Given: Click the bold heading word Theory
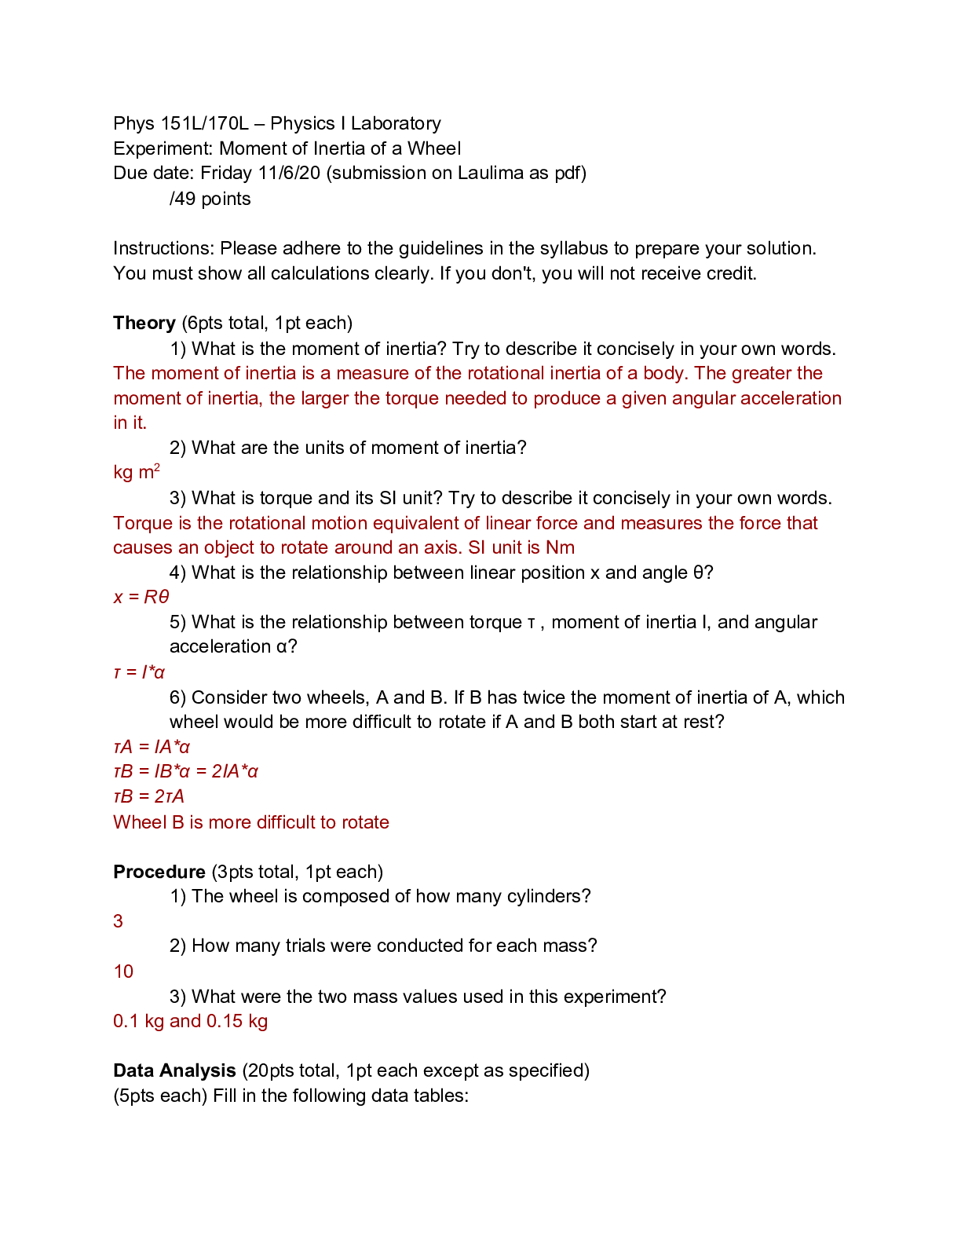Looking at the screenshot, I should (x=144, y=323).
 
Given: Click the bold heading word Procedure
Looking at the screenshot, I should (x=159, y=872).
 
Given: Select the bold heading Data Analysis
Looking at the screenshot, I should (x=174, y=1070).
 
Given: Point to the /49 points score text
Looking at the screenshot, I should (x=210, y=199).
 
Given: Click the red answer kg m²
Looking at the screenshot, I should (x=137, y=472).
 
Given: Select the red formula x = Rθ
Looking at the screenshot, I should (x=141, y=597).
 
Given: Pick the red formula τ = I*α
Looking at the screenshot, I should (x=139, y=672).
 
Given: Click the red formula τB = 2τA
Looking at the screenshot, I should (x=148, y=796).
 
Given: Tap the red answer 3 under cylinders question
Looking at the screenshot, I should (x=119, y=921).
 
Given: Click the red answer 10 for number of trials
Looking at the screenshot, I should (x=123, y=971).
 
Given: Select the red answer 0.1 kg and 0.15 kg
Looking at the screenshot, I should (x=190, y=1021).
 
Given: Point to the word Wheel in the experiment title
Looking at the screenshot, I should (x=433, y=148).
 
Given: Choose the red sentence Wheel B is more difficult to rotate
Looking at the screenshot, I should (x=251, y=822).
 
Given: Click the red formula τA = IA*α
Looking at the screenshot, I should (x=152, y=747).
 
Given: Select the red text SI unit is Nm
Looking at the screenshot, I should (x=521, y=547).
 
